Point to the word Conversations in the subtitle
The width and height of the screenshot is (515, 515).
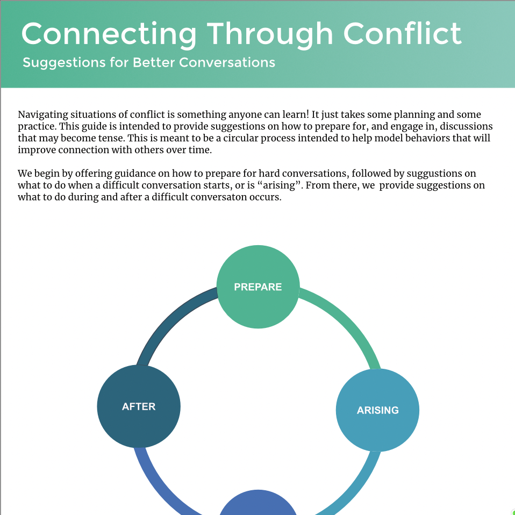(x=227, y=62)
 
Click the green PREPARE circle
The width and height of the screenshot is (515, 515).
(x=258, y=287)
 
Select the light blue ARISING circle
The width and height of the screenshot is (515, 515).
(x=377, y=410)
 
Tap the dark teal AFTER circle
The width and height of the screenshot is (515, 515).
(x=139, y=406)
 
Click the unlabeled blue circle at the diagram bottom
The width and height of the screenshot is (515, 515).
(x=258, y=505)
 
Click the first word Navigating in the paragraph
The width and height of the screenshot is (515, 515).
(x=42, y=115)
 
